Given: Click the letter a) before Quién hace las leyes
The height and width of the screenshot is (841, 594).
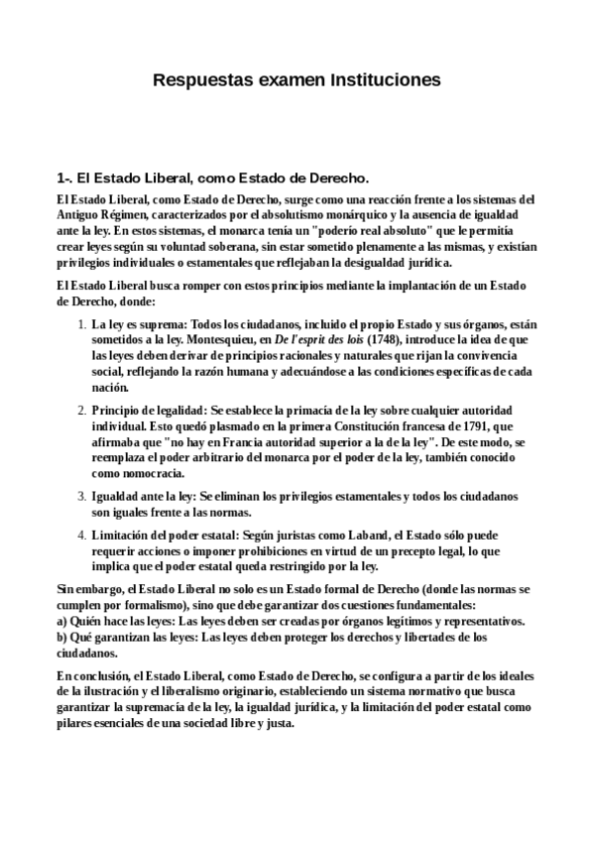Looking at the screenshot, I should click(x=61, y=620).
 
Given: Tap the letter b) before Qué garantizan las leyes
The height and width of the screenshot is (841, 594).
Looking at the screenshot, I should click(x=61, y=636).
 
